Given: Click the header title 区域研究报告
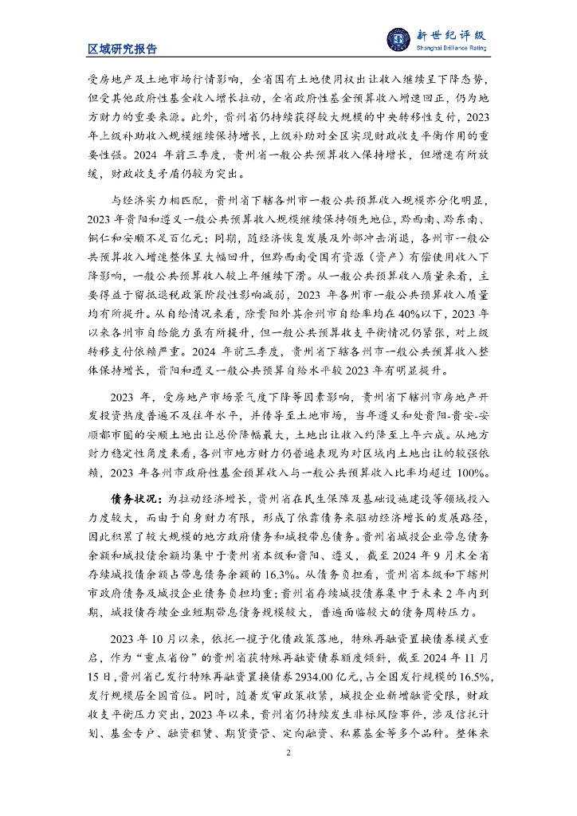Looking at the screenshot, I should [122, 49].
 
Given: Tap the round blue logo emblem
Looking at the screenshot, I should [398, 39].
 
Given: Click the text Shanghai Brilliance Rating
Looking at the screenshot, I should [451, 49].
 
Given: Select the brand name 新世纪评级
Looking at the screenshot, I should [451, 34].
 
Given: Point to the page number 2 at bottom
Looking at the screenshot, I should [288, 751].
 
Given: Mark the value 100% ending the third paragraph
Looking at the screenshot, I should [473, 473].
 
